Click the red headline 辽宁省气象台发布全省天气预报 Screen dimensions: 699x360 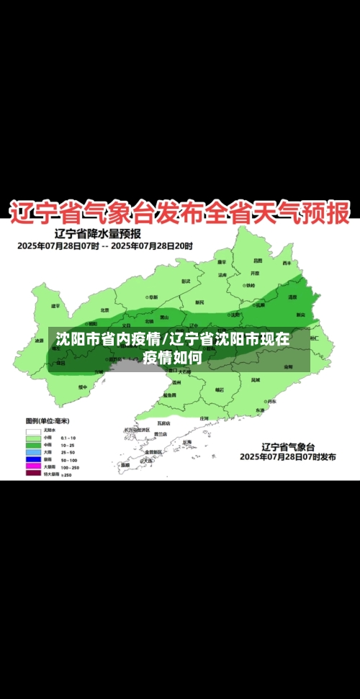click(179, 212)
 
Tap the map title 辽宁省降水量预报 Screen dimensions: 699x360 click(98, 233)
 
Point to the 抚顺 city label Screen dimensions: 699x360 click(259, 305)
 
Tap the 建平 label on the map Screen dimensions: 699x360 click(55, 306)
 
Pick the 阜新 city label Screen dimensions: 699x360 click(186, 281)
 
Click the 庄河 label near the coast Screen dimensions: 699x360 click(204, 418)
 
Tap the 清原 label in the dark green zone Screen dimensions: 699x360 click(292, 297)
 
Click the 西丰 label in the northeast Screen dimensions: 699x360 click(287, 263)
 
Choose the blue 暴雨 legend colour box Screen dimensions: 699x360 click(33, 459)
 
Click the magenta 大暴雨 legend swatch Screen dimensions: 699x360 click(33, 466)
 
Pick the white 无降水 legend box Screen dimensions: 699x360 click(33, 430)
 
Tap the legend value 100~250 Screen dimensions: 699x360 click(69, 466)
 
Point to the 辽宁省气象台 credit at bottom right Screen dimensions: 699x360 click(286, 446)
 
